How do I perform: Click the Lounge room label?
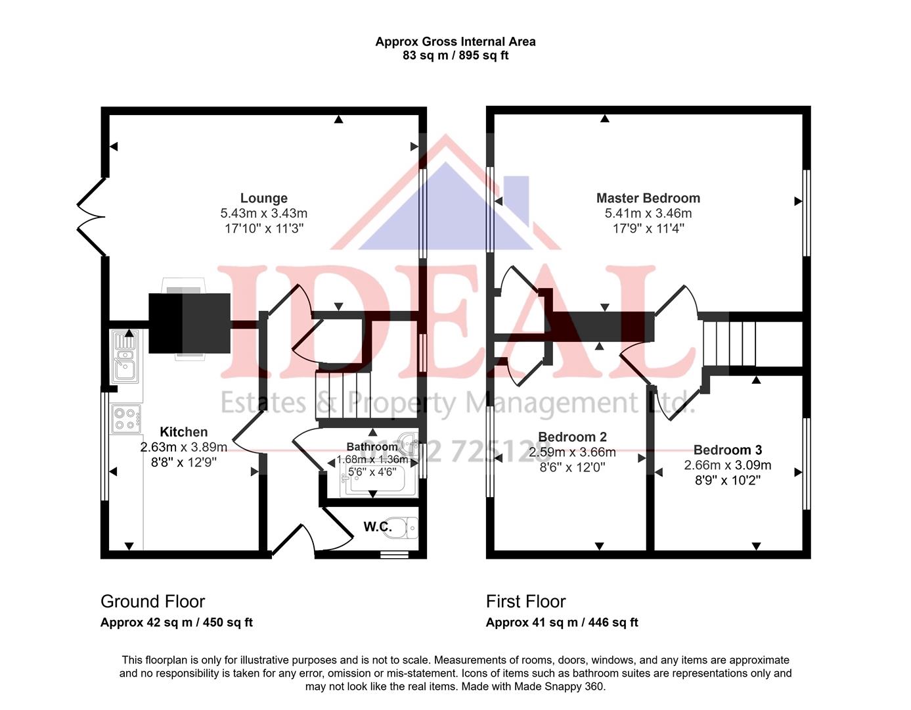pos(263,198)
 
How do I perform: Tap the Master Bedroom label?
pos(648,198)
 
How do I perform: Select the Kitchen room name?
pos(184,432)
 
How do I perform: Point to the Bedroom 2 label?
pos(572,437)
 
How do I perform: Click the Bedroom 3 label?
pos(728,450)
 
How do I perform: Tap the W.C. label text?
pos(378,527)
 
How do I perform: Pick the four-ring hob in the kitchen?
pos(125,419)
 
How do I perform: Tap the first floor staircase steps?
pos(729,343)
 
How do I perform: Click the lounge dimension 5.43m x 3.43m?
pos(263,214)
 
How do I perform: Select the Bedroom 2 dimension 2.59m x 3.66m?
pos(572,452)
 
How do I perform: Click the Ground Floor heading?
pos(152,602)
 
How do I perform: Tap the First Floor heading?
pos(525,602)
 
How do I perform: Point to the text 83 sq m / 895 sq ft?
pos(455,56)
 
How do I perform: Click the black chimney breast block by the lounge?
pos(189,323)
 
